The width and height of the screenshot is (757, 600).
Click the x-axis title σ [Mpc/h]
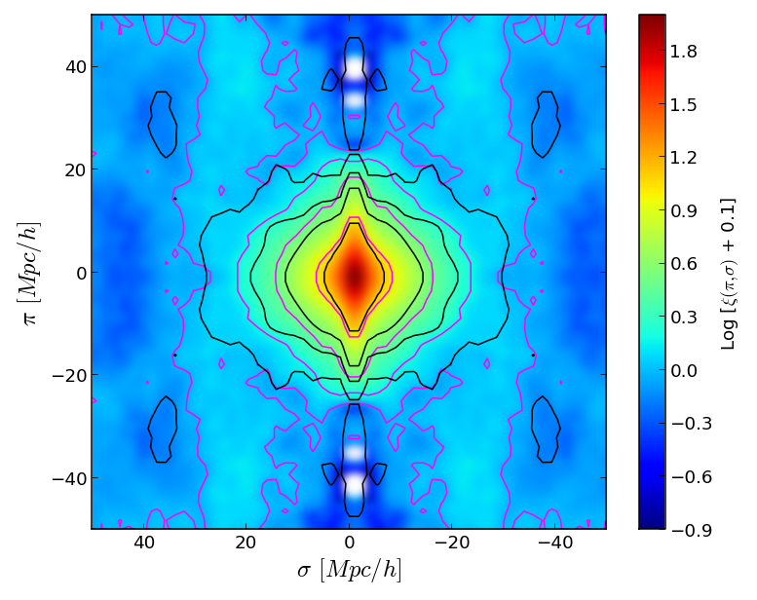pyautogui.click(x=349, y=569)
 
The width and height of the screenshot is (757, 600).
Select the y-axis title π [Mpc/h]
pyautogui.click(x=30, y=273)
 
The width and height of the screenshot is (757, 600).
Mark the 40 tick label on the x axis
pyautogui.click(x=143, y=544)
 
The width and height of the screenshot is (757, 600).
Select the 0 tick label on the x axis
pyautogui.click(x=349, y=544)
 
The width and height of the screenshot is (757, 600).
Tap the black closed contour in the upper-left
pyautogui.click(x=162, y=124)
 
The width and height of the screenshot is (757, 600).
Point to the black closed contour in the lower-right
pyautogui.click(x=545, y=430)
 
